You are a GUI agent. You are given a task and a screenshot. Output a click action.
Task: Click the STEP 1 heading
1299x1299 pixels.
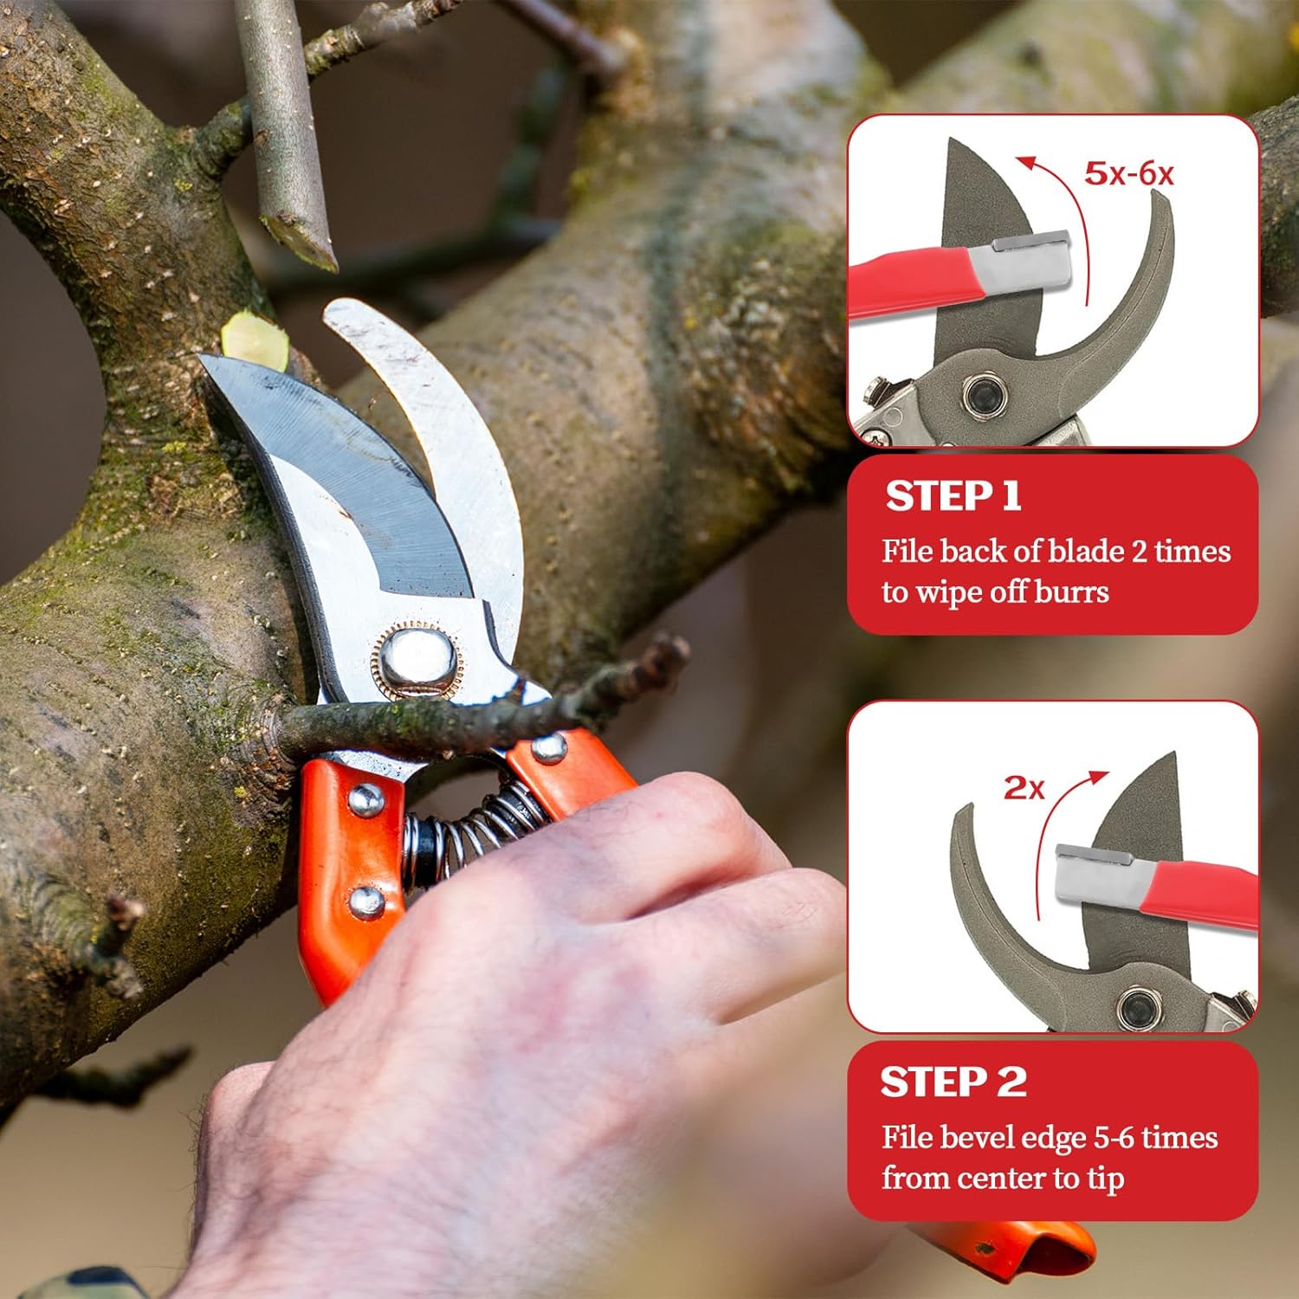[953, 496]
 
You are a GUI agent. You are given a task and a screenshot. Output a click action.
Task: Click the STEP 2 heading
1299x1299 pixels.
[953, 1082]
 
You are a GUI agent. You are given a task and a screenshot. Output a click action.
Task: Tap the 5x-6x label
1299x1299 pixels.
[1129, 173]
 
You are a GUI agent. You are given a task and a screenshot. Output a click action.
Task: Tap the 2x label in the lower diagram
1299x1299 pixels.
[1024, 787]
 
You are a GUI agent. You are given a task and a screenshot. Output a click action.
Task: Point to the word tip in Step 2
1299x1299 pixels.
[1104, 1179]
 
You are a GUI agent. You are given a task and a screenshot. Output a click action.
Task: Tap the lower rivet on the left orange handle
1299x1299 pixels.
[366, 902]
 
